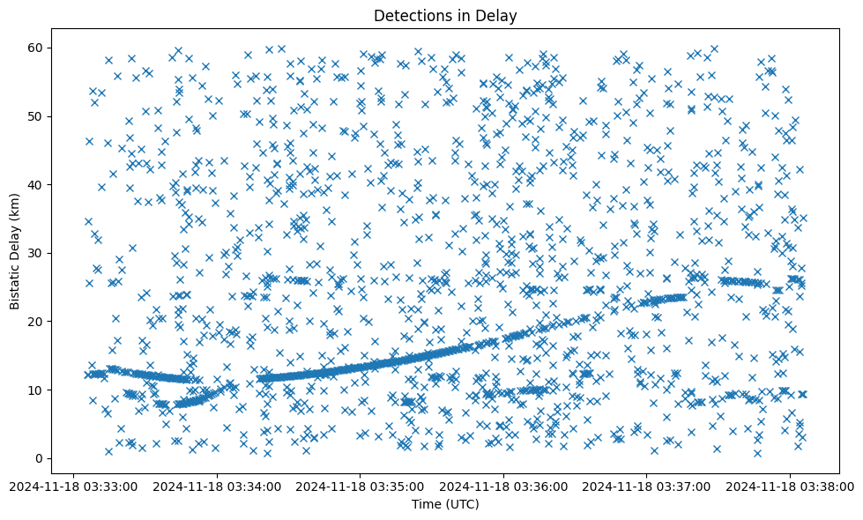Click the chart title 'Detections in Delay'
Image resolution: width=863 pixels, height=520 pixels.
coord(445,15)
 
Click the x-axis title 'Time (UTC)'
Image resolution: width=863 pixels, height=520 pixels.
coord(445,504)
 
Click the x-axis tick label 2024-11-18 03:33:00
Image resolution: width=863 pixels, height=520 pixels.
coord(74,486)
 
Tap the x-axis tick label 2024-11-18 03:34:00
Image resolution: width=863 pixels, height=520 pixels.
coord(217,486)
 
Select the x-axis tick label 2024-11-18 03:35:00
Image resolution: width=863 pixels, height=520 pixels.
coord(361,486)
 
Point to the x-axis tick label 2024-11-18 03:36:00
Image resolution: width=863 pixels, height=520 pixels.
coord(503,486)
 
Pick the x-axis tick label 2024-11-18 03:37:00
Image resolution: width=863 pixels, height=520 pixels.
coord(647,486)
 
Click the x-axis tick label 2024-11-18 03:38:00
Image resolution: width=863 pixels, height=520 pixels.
coord(790,486)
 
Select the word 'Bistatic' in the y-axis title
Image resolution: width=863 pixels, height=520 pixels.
coord(15,286)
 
